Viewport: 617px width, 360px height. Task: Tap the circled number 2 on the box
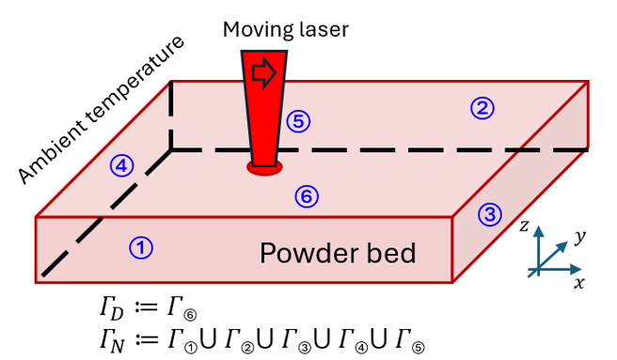tap(482, 109)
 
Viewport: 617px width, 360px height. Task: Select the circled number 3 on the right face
tap(489, 214)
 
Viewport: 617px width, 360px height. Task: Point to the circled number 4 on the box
tap(122, 165)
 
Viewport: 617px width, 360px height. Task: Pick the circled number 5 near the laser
tap(298, 120)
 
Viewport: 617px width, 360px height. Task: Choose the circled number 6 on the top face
tap(307, 196)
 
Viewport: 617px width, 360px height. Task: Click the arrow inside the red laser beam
tap(265, 72)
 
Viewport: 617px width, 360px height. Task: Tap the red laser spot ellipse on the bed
tap(265, 167)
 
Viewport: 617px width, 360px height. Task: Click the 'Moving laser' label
tap(285, 29)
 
